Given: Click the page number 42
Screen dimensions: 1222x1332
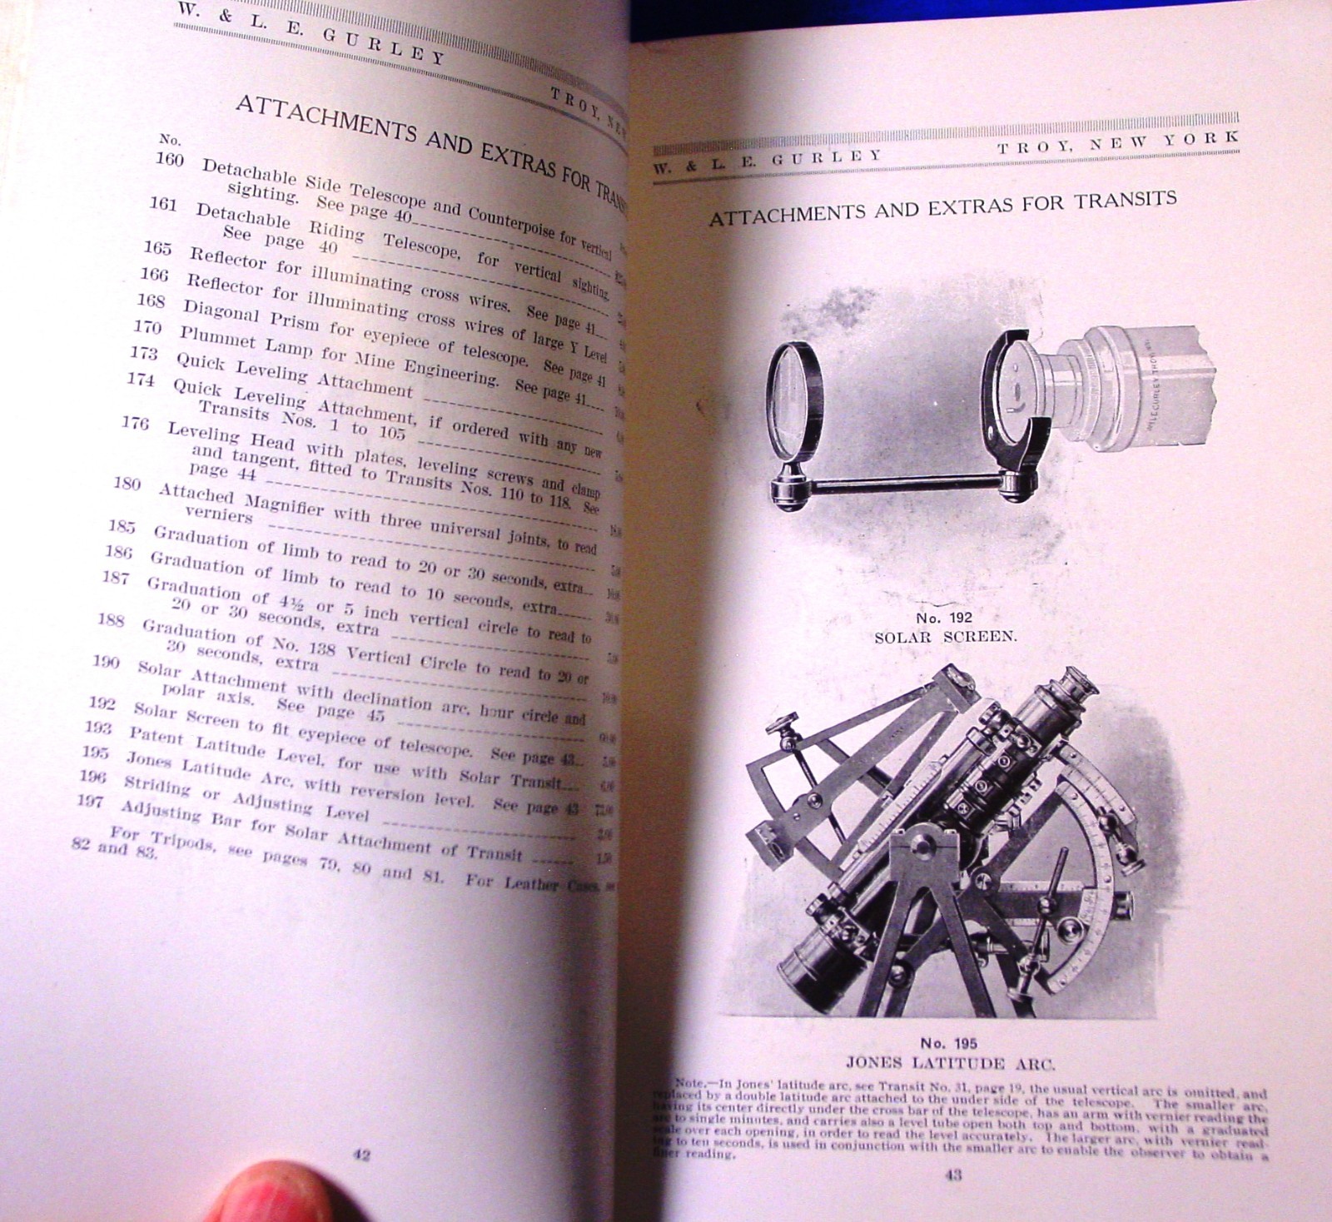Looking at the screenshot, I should click(x=361, y=1155).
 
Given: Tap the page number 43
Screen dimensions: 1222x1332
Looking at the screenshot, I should click(x=954, y=1175).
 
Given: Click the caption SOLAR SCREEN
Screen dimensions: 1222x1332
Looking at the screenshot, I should click(x=945, y=637).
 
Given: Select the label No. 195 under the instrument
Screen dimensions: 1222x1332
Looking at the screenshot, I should click(x=948, y=1043).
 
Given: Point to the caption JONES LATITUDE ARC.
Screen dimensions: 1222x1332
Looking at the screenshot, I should click(x=950, y=1063).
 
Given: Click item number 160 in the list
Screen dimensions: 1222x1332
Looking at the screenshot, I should click(x=169, y=158).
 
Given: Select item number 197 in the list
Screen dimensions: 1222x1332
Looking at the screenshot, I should click(x=90, y=801).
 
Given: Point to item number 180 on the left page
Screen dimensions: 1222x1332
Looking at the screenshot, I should click(x=127, y=483).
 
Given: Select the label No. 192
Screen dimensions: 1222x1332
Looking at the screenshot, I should click(x=944, y=618).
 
